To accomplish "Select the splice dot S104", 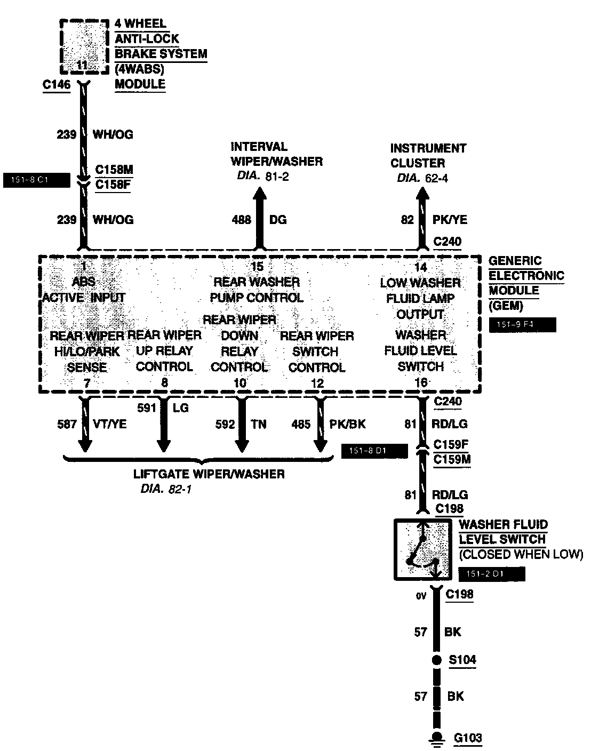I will (437, 660).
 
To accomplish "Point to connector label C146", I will (56, 84).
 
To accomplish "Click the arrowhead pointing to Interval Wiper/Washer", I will (259, 195).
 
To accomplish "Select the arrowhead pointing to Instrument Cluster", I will (422, 195).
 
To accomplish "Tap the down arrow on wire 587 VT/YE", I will (84, 444).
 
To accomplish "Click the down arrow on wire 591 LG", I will (164, 444).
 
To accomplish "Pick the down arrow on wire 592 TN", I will (241, 444).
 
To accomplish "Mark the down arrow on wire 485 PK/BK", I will (320, 444).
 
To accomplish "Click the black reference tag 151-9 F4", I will (522, 325).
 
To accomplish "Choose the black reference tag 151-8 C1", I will (36, 180).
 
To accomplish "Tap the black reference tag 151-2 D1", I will (491, 574).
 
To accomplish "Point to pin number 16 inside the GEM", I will (421, 382).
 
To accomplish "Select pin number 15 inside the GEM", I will (257, 267).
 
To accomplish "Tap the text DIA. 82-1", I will (165, 489).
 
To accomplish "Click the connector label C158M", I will (114, 170).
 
